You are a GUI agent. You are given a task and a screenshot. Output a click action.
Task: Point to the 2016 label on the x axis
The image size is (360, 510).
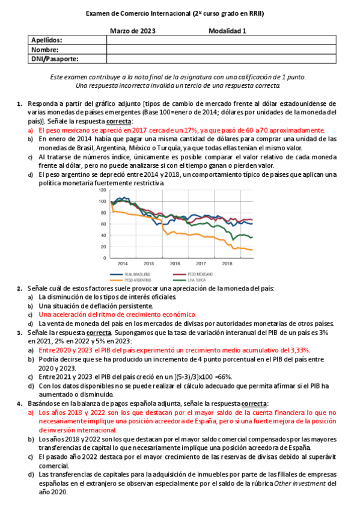(175, 263)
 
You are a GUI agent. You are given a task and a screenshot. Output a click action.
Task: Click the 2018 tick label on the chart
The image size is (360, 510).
(227, 263)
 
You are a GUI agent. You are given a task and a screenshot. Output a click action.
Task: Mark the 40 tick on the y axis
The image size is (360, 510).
(104, 235)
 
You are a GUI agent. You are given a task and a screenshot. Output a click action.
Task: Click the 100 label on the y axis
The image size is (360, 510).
(102, 201)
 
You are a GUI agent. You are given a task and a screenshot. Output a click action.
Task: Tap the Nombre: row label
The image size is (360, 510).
(45, 49)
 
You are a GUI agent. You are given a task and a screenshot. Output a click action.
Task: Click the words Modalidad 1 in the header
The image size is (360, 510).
(228, 30)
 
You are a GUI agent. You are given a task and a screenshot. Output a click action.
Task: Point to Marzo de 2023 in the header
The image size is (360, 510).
(133, 30)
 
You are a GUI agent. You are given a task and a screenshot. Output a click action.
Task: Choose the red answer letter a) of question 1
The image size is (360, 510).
(31, 130)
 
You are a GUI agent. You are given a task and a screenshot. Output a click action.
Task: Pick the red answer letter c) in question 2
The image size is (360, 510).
(31, 314)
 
